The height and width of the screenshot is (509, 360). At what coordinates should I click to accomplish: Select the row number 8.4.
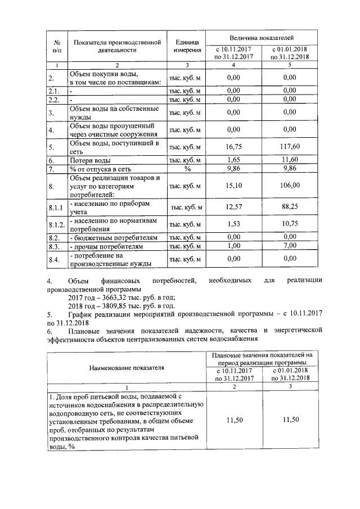54,259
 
